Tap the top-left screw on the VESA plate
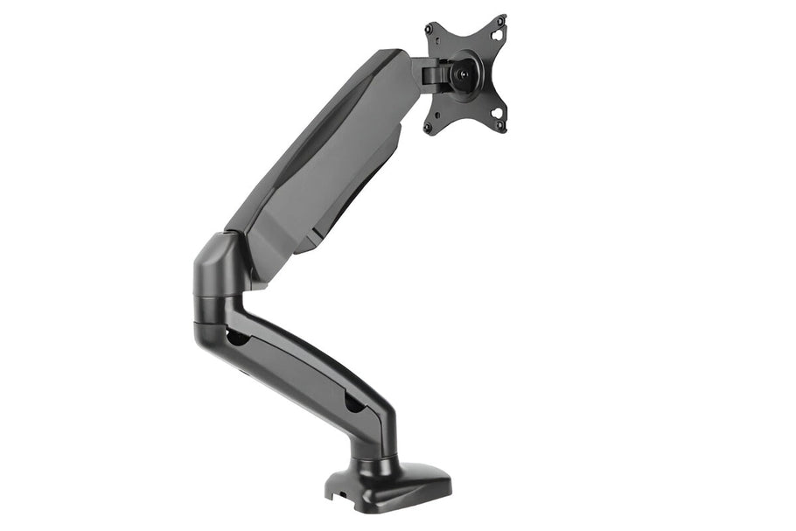pyautogui.click(x=431, y=29)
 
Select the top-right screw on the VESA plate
pyautogui.click(x=502, y=19)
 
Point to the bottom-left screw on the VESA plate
pyautogui.click(x=429, y=127)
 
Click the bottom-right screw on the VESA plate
pyautogui.click(x=501, y=127)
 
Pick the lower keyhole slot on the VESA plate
pyautogui.click(x=496, y=113)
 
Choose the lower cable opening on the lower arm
pyautogui.click(x=353, y=403)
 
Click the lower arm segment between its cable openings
pyautogui.click(x=293, y=367)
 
